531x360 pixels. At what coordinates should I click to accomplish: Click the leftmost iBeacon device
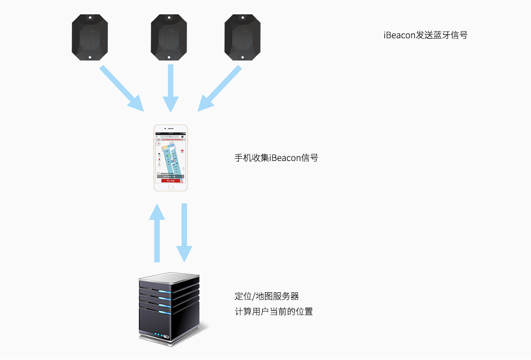tap(90, 37)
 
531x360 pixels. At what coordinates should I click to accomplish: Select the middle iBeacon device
tap(169, 37)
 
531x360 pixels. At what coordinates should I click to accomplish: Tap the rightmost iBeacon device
tap(243, 37)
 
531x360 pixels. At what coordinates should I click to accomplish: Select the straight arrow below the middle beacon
tap(171, 87)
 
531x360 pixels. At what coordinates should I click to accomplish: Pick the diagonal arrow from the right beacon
tap(219, 88)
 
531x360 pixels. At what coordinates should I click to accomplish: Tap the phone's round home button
tap(171, 187)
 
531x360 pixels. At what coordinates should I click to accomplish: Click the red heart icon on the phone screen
tap(183, 151)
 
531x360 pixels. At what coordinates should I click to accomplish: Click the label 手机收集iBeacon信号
tap(276, 158)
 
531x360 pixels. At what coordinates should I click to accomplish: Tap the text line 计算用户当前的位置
tap(274, 311)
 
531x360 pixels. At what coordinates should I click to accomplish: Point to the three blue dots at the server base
tap(159, 335)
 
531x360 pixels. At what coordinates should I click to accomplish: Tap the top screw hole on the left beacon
tap(90, 18)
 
